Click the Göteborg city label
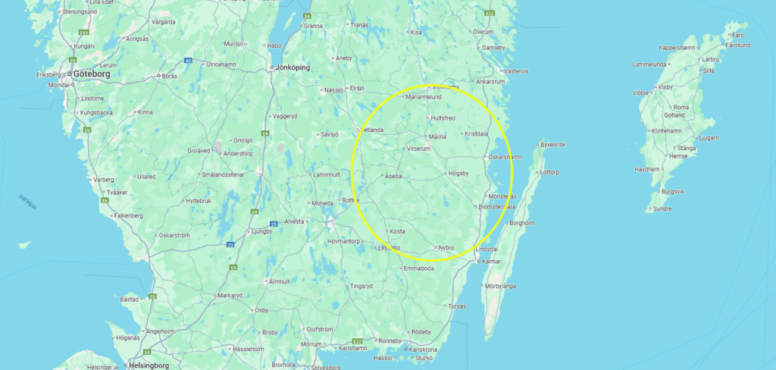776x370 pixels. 92,74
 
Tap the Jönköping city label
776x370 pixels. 292,67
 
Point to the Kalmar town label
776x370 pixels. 493,262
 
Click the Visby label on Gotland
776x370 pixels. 665,87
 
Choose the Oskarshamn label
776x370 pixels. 505,157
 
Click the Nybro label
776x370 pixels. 446,248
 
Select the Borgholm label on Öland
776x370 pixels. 524,223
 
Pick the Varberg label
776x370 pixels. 102,180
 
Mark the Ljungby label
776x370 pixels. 261,231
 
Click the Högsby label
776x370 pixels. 459,173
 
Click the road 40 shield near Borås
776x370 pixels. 186,60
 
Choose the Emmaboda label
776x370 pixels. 419,268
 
